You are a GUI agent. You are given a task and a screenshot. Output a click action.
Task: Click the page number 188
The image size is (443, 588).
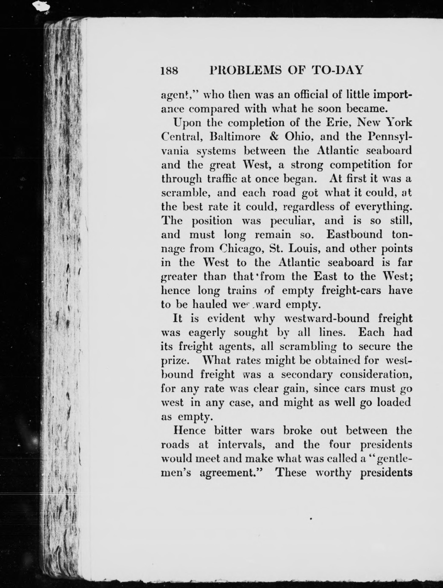click(x=169, y=71)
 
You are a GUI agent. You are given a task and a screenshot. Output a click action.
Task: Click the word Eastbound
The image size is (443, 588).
click(x=354, y=235)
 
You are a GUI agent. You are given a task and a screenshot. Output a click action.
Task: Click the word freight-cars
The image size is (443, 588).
click(x=351, y=290)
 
